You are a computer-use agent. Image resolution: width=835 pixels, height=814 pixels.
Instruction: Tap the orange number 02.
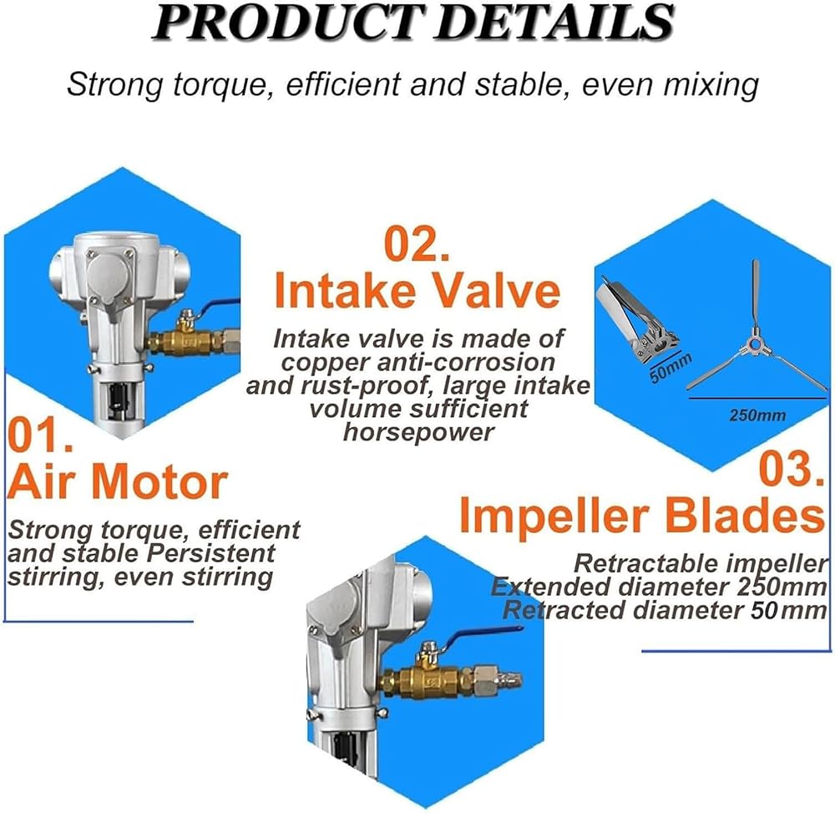click(417, 244)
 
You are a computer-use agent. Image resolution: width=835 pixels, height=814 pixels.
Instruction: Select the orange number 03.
click(792, 469)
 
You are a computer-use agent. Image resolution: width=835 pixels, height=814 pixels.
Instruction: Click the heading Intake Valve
click(417, 291)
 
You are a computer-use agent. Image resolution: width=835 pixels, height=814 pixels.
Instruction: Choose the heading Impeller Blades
click(641, 516)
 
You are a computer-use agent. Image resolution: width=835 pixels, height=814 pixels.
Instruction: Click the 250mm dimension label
click(757, 415)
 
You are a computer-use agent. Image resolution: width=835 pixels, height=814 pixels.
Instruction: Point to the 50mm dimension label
click(670, 368)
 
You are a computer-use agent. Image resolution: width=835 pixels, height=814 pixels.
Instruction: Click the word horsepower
click(418, 432)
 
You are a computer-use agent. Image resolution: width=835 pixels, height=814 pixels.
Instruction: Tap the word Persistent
click(210, 552)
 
